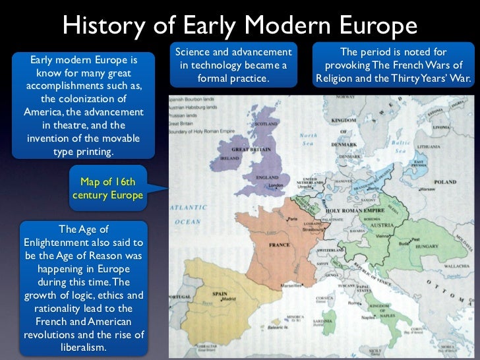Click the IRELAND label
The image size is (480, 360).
tap(229, 159)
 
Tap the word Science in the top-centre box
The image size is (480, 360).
tap(196, 52)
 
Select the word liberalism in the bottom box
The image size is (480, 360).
tap(82, 347)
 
